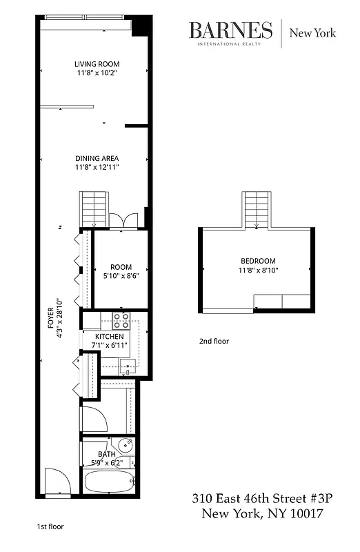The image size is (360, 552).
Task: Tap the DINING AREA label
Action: (97, 158)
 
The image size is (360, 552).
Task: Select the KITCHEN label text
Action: (110, 336)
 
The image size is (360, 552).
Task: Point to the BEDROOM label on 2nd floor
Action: (258, 261)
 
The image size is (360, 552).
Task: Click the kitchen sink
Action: (126, 365)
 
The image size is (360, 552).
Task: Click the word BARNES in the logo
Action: (231, 30)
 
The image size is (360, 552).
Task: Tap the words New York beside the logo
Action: (312, 32)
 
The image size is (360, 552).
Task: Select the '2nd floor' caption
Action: (214, 341)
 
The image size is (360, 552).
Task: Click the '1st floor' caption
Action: (50, 526)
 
